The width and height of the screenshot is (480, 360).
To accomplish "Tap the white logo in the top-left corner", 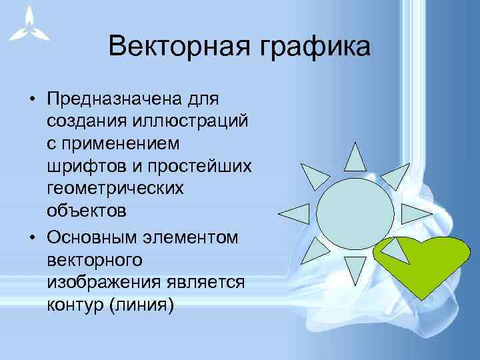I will click(26, 25).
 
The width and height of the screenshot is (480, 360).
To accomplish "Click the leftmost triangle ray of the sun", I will click(293, 213).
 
